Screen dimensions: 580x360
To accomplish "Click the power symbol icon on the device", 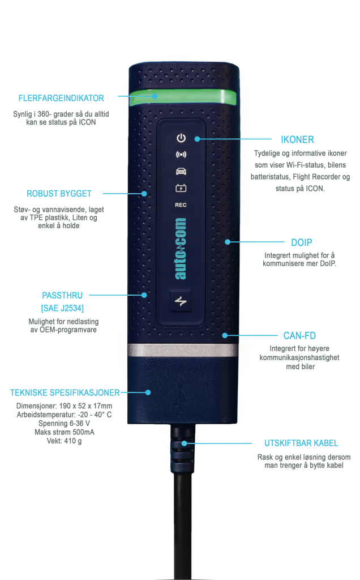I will pos(181,138).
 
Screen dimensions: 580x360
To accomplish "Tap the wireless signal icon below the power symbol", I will pos(181,154).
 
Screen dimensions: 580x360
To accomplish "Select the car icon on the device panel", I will pos(181,170).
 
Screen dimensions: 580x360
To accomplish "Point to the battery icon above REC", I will pos(181,187).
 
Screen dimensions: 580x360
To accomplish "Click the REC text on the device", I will pos(181,204).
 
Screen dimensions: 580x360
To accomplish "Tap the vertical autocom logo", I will pos(181,249).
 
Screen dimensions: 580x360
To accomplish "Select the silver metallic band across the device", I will pos(183,350).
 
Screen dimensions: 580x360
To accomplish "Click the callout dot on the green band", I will pos(157,96).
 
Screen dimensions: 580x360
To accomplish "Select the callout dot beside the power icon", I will pos(197,139).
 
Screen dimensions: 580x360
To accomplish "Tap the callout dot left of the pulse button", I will pos(145,295).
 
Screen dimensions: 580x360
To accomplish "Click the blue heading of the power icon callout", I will pos(297,139).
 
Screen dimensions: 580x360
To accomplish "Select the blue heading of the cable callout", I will pos(301,443).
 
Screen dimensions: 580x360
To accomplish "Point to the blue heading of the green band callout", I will pos(61,103).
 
